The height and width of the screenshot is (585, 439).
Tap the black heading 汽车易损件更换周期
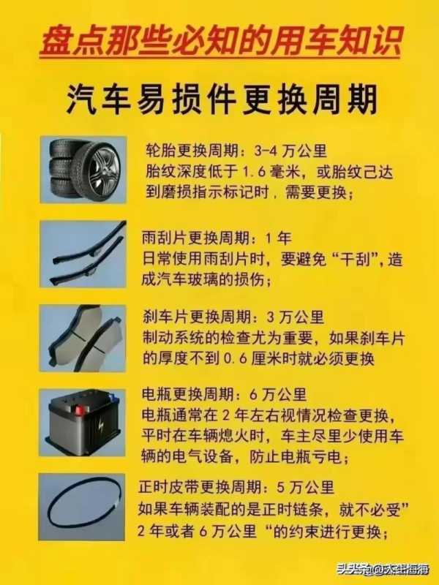tap(222, 99)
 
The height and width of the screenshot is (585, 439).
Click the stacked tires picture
tap(83, 170)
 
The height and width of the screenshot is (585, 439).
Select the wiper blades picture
tap(83, 254)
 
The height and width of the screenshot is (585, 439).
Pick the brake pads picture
tap(83, 339)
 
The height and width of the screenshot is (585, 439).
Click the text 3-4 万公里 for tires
tap(290, 151)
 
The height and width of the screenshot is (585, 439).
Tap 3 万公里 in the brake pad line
tap(296, 317)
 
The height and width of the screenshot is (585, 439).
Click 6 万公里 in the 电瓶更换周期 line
tap(278, 394)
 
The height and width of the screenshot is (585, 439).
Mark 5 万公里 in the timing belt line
tap(305, 487)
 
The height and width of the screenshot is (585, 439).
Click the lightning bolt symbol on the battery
tap(101, 426)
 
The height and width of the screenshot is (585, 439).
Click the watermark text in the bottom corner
tap(382, 570)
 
